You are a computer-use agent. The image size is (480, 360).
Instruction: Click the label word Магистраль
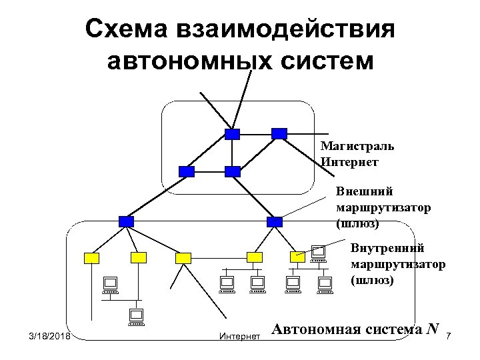tap(357, 146)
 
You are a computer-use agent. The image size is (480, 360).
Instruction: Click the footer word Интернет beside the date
tap(239, 337)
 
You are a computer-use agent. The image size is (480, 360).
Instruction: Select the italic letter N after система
tap(433, 329)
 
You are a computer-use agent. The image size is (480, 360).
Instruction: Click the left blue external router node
tap(126, 221)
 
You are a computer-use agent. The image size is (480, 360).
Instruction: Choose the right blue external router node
tap(274, 221)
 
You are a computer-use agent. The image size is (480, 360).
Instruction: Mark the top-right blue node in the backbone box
tap(279, 133)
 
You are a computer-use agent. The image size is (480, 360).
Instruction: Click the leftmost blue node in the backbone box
tap(187, 171)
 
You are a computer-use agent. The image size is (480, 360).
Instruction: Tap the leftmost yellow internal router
tap(91, 257)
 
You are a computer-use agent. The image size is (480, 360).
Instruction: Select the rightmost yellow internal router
tap(297, 257)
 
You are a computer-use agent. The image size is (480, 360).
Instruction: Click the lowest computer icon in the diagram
tap(136, 316)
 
